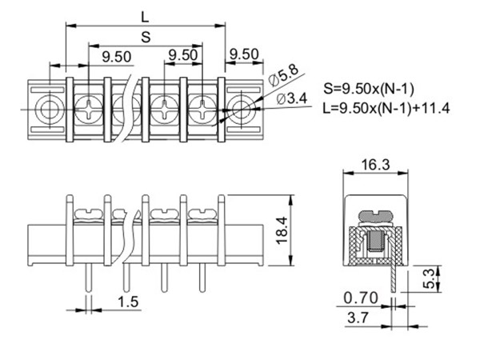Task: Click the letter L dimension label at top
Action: pos(144,15)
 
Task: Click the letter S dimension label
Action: pos(145,36)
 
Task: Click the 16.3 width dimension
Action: pos(376,165)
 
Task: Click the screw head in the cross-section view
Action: pos(375,216)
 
